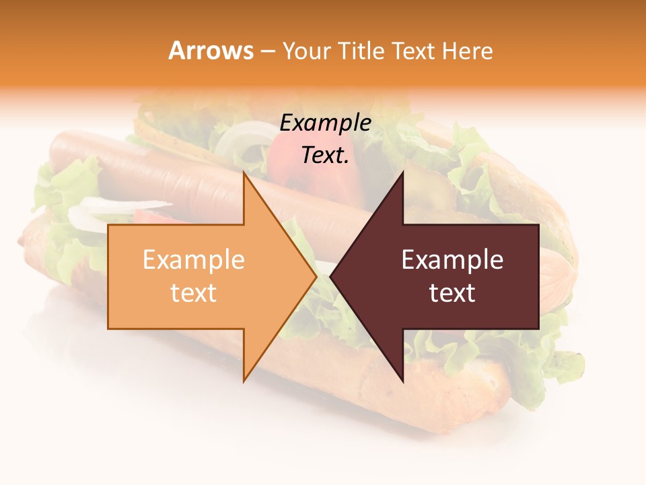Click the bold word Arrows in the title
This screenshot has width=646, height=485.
pos(211,51)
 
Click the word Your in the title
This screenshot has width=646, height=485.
pos(307,51)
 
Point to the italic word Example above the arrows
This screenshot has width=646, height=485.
pos(325,123)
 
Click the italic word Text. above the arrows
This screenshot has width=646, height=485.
pos(325,155)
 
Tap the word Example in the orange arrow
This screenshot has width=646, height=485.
pos(193,259)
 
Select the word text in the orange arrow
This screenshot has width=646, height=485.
pos(193,292)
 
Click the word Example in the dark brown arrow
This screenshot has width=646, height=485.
pos(452,259)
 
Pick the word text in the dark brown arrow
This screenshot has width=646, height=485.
pos(452,292)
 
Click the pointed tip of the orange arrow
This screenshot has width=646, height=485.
pos(316,277)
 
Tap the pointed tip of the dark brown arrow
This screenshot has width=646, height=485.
pos(331,277)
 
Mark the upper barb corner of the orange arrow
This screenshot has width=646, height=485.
pos(244,173)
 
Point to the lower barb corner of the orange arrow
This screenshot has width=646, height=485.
pos(244,381)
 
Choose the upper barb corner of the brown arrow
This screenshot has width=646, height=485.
pos(402,173)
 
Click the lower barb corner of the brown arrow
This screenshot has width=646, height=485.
pos(402,381)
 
